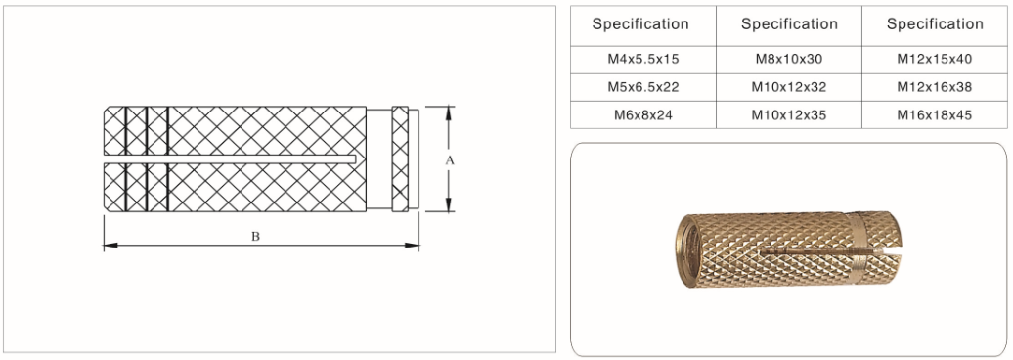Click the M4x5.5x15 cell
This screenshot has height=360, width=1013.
pyautogui.click(x=642, y=60)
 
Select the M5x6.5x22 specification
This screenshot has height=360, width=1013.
pyautogui.click(x=642, y=87)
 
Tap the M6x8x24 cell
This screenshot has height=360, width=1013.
pyautogui.click(x=642, y=115)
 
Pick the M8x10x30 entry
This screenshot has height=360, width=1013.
pyautogui.click(x=789, y=60)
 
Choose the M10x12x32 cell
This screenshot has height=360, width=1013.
pyautogui.click(x=789, y=87)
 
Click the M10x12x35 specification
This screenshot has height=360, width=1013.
pyautogui.click(x=789, y=115)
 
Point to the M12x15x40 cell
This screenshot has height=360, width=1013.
pyautogui.click(x=934, y=60)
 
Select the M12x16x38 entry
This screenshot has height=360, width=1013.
pyautogui.click(x=934, y=87)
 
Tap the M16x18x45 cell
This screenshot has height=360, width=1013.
pyautogui.click(x=934, y=115)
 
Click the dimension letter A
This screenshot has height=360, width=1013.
pyautogui.click(x=451, y=160)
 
